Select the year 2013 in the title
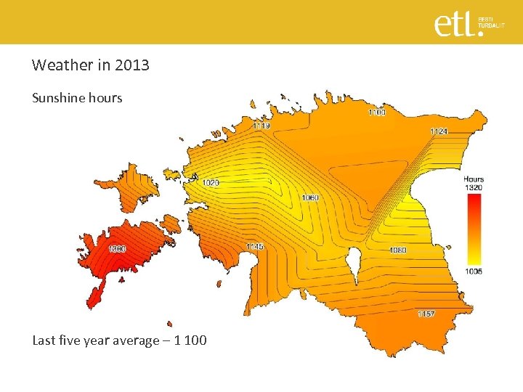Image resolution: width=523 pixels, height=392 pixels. pos(133,65)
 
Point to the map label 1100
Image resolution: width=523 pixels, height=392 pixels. pos(377,113)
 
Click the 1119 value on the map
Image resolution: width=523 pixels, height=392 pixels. pos(262,126)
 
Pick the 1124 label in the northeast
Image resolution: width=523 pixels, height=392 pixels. pos(439,131)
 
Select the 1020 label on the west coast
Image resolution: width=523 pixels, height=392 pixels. pos(211,182)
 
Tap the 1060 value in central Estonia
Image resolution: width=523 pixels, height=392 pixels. pos(310,197)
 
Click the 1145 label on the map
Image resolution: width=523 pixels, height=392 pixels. pos(255,247)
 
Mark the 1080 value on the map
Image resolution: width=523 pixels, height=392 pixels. pos(397,250)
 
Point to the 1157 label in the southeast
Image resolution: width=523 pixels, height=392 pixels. pos(426,314)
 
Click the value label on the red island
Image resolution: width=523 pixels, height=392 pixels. pos(117,249)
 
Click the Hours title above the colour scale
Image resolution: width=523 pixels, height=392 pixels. pos(474,179)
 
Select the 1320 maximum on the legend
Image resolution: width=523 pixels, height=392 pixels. pos(474,187)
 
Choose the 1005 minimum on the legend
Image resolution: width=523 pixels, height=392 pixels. pos(474,271)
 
